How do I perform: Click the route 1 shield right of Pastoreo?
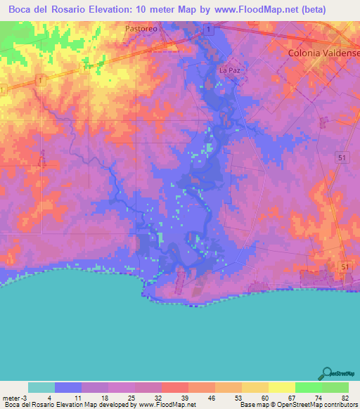click(x=209, y=28)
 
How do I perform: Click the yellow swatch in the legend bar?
click(x=281, y=387)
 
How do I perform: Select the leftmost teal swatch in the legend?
click(x=41, y=387)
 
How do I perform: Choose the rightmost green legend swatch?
click(x=335, y=387)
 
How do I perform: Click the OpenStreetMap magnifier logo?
click(x=327, y=374)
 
